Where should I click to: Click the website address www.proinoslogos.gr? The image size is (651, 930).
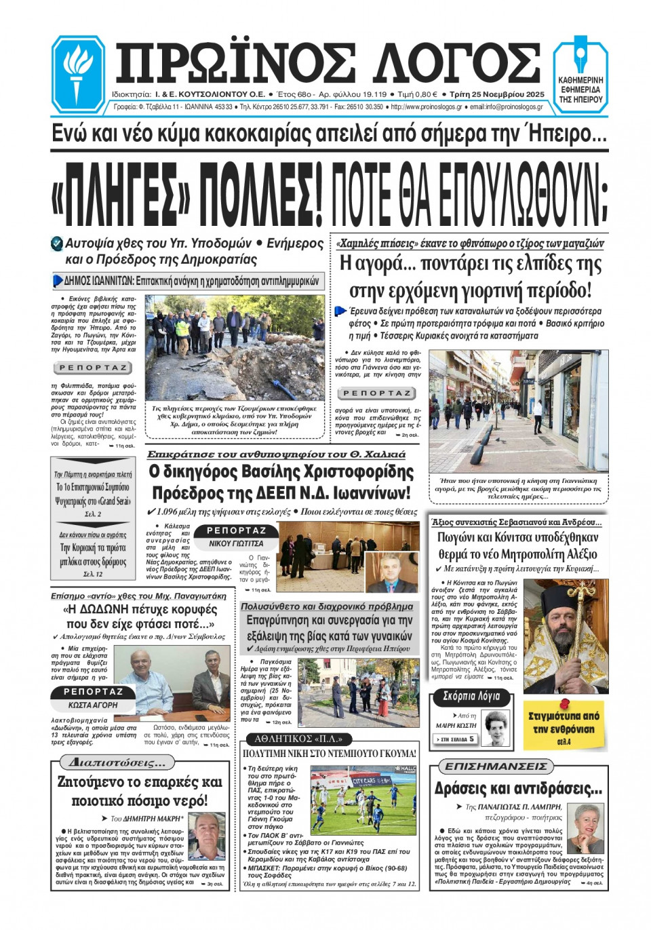[427, 106]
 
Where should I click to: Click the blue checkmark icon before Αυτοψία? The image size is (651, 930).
[57, 244]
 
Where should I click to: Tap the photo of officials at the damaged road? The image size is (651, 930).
[235, 347]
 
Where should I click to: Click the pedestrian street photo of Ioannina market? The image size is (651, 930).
[518, 410]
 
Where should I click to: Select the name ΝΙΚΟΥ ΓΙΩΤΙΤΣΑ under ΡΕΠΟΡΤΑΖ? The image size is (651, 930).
[236, 543]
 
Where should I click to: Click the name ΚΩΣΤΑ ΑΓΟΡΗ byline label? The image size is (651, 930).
[93, 705]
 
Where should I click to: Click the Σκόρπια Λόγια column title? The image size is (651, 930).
[471, 697]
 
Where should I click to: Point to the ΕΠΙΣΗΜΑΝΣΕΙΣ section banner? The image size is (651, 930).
[495, 766]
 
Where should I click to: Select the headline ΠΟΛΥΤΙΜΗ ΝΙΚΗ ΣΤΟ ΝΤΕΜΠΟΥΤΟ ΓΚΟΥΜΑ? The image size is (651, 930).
[330, 754]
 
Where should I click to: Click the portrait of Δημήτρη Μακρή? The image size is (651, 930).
[207, 836]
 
